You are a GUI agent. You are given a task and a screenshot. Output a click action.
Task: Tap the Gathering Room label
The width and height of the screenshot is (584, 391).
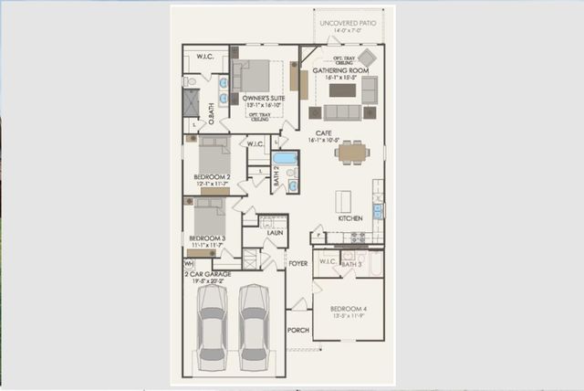340,70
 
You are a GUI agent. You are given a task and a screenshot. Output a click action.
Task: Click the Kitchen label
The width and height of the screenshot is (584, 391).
350,218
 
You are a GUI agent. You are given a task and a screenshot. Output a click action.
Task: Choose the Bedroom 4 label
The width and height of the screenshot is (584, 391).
348,309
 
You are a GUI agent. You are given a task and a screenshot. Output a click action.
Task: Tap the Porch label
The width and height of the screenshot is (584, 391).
297,330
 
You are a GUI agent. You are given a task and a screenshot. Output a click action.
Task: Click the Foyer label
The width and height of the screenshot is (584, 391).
297,263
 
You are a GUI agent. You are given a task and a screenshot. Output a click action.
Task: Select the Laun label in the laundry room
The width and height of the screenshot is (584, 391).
274,233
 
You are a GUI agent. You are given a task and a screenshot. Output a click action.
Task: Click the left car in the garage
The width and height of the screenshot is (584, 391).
212,324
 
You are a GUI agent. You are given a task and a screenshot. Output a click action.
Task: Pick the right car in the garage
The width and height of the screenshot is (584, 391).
254,324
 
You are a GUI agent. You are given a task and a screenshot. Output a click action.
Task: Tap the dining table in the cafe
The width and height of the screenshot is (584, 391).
352,153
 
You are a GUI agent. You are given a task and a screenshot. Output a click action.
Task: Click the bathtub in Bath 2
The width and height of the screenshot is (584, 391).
286,158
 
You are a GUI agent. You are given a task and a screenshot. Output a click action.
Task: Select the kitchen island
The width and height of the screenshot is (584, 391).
343,200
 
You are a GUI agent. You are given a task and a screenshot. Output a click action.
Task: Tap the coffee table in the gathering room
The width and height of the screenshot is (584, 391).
342,90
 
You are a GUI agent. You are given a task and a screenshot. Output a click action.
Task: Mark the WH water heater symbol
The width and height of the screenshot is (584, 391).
189,263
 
